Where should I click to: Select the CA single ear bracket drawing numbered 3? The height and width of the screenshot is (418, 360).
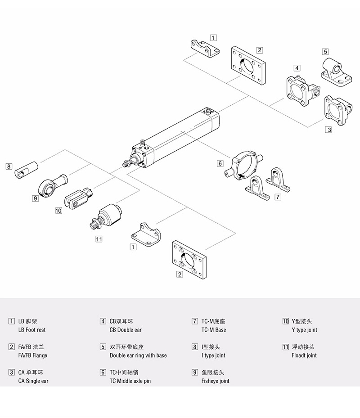(x=337, y=110)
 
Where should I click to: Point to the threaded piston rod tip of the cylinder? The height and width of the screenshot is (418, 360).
(x=126, y=164)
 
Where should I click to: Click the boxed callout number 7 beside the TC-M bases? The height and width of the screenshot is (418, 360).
(x=278, y=197)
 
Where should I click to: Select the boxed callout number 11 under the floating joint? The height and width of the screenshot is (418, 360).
(x=99, y=239)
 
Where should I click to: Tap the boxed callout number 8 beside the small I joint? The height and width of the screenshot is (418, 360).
(x=9, y=166)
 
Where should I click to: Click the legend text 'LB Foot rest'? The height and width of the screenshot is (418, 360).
(x=31, y=330)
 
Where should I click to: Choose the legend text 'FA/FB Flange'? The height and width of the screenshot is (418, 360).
(x=32, y=355)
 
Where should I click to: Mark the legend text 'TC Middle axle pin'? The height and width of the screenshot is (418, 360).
(x=130, y=381)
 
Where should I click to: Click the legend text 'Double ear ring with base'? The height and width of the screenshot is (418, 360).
(x=138, y=355)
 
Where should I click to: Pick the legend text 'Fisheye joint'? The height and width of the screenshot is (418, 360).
(x=215, y=381)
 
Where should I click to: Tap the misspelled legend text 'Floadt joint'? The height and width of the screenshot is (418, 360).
(x=304, y=355)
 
